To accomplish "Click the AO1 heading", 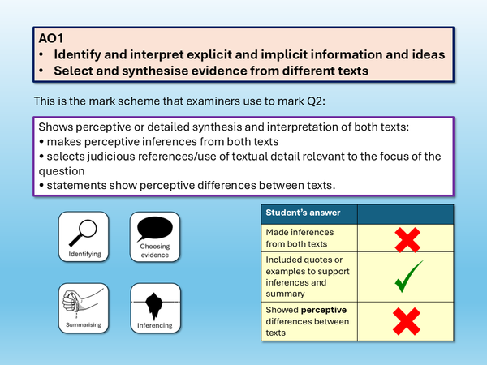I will click(50, 37).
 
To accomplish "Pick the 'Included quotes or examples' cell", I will click(308, 274).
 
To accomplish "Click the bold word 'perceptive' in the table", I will click(327, 311).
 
